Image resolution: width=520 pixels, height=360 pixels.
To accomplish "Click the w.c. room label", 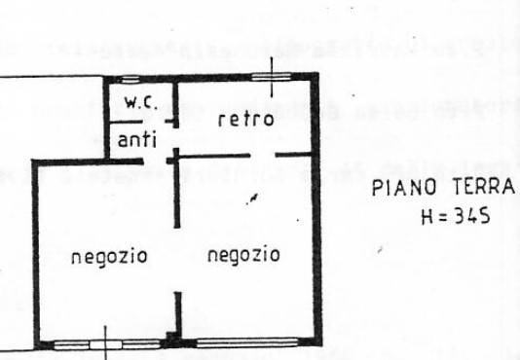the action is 136,102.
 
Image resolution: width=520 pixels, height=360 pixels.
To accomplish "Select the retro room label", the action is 240,121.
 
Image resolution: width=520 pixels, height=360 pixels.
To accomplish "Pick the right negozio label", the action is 242,256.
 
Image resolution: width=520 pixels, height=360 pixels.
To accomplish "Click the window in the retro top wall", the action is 272,77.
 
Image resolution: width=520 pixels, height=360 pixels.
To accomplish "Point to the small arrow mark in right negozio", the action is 252,198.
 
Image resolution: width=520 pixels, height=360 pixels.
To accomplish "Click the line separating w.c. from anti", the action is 136,122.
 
